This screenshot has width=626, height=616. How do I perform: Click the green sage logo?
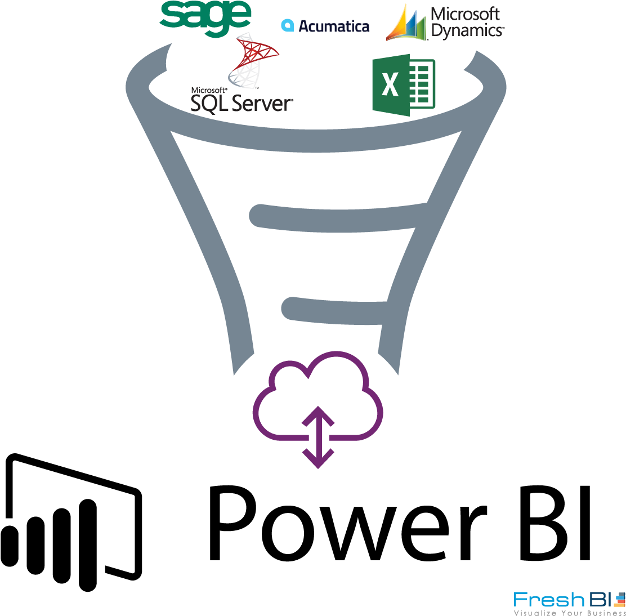tap(205, 19)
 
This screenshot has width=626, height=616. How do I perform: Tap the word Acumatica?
tap(334, 26)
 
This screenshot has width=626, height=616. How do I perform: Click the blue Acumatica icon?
tap(288, 25)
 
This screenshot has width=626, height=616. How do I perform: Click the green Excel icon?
tap(404, 84)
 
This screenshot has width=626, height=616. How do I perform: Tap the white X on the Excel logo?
tap(390, 84)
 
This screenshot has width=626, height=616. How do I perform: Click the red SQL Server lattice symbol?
tap(253, 60)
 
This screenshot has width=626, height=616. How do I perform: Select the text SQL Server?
tap(242, 103)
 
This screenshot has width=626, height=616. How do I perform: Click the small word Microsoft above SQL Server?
tap(209, 90)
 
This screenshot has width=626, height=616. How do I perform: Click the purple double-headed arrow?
tap(318, 437)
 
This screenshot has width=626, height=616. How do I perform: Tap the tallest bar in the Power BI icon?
tap(88, 545)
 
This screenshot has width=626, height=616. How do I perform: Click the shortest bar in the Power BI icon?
tap(10, 546)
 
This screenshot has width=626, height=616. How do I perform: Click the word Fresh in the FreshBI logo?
tap(549, 600)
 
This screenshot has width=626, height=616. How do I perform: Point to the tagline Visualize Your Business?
tap(570, 613)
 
